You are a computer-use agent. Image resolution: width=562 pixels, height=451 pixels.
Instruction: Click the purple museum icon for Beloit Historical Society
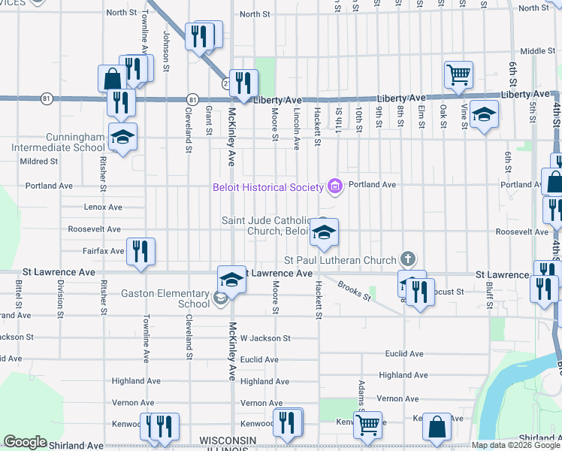coord(334,186)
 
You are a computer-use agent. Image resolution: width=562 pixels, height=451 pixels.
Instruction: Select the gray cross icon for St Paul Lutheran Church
coord(408,260)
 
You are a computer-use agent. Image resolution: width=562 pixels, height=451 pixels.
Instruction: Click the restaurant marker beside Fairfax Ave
coord(139,251)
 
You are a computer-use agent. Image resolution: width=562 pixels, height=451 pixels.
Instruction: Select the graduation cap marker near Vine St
coord(485,114)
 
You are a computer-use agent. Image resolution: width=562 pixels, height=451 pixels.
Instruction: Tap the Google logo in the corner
coord(25,443)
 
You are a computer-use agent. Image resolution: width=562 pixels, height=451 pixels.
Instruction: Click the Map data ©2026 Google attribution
coord(515,445)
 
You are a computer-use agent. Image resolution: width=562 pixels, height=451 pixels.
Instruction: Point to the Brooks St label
coord(355,290)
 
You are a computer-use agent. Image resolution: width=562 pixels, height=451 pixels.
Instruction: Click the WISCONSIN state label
coord(228,439)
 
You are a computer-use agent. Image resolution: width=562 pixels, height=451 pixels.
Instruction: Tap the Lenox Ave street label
coord(104,207)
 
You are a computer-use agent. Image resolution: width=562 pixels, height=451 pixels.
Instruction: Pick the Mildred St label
coord(39,162)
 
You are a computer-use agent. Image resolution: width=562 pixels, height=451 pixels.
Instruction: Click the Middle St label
coord(536,51)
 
